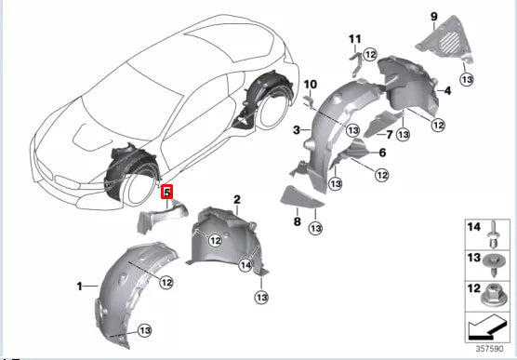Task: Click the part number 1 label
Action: [79, 284]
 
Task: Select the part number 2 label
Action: [237, 200]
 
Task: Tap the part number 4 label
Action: [447, 90]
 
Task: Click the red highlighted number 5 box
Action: [166, 193]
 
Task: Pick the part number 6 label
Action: [382, 153]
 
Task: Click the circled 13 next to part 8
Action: [316, 227]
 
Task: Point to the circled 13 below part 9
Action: [466, 79]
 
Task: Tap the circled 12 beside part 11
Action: [370, 55]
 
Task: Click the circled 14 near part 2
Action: [246, 266]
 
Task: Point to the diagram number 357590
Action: [487, 350]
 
